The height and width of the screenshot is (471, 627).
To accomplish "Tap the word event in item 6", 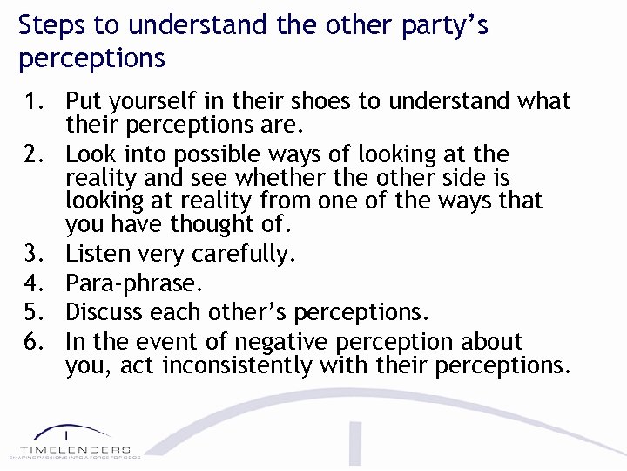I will (159, 341).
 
